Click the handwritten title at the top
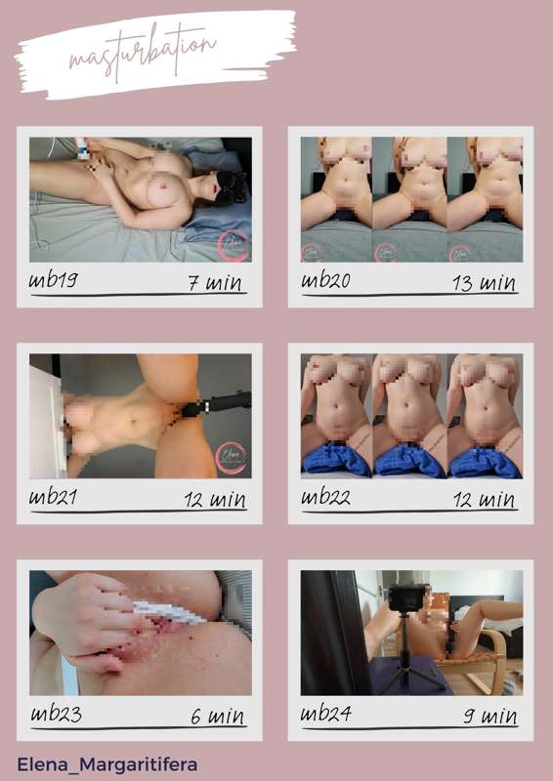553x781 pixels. (x=143, y=53)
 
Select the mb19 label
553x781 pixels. (x=54, y=281)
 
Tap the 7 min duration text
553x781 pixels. (x=215, y=283)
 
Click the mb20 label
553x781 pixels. (x=325, y=281)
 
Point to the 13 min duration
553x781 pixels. (x=485, y=283)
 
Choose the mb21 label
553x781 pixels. (x=53, y=497)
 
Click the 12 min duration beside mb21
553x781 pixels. (x=215, y=500)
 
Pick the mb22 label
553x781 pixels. (x=325, y=497)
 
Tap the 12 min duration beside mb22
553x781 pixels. (x=485, y=500)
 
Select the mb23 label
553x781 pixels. (x=56, y=715)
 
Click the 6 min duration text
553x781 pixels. (x=218, y=717)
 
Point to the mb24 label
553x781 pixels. (x=326, y=715)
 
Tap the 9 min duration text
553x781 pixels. (x=489, y=717)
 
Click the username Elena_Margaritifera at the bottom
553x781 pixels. (x=107, y=764)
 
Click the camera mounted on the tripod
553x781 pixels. (x=404, y=598)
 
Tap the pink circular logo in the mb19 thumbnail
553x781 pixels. (x=234, y=245)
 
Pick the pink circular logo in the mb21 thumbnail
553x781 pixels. (x=231, y=458)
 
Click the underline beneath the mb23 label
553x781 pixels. (x=139, y=728)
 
